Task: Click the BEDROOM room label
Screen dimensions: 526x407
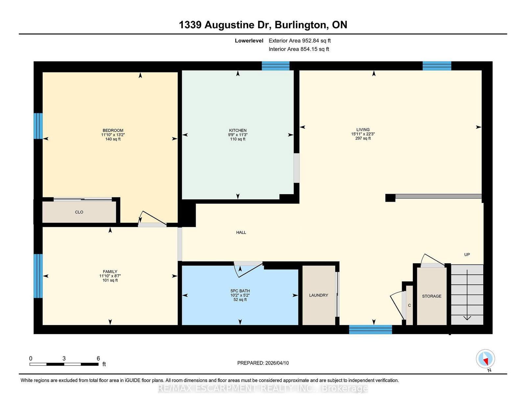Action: point(113,130)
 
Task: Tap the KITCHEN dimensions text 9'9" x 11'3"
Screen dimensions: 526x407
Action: point(238,135)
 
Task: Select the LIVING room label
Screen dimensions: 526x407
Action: point(363,130)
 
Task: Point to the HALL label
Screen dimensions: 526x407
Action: point(241,233)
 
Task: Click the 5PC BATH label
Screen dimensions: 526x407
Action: point(240,291)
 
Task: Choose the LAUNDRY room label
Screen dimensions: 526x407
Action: point(319,295)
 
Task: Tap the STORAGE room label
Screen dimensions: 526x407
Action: point(432,296)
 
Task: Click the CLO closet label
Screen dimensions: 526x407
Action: point(79,212)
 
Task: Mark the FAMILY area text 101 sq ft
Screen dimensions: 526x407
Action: point(110,280)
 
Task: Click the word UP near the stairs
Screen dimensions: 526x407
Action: point(467,255)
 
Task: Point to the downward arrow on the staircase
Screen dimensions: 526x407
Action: point(467,295)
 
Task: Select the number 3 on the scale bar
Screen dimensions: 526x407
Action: point(64,359)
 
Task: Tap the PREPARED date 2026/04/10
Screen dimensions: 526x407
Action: point(277,363)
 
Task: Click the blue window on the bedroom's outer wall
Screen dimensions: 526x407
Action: point(38,126)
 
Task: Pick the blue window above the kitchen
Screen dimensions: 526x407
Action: point(276,66)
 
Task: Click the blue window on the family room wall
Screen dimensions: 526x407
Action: point(38,276)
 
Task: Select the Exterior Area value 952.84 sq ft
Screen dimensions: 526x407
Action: point(316,41)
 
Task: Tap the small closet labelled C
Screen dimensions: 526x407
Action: point(409,305)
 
